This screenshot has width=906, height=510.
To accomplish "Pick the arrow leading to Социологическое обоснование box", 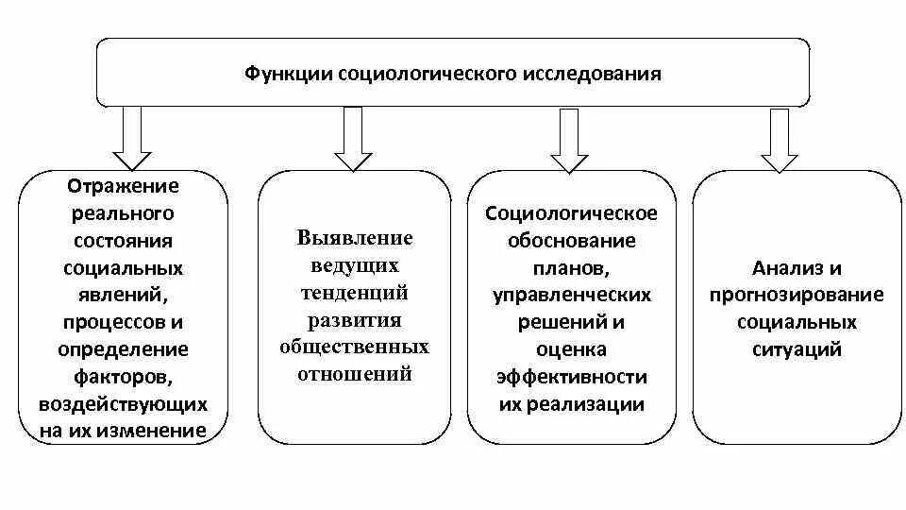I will (x=569, y=140).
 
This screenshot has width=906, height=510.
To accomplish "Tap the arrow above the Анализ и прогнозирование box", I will (x=780, y=140).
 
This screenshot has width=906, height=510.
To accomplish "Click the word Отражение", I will (x=124, y=186).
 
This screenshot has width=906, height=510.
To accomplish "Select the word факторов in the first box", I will (x=124, y=377).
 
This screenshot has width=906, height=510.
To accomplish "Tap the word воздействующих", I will (x=124, y=404).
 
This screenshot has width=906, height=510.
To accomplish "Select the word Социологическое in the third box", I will (x=571, y=213).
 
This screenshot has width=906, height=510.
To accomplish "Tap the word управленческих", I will (x=571, y=296).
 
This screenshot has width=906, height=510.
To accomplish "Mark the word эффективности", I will (x=571, y=377).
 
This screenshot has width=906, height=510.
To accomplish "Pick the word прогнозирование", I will (x=797, y=295).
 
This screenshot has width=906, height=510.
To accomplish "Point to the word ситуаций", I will (x=797, y=349).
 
